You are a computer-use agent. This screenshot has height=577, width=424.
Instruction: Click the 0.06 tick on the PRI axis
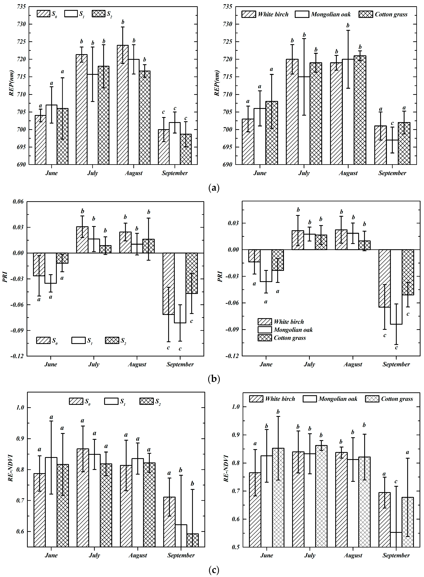(x=18, y=202)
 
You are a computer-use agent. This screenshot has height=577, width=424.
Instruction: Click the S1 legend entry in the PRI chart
(x=82, y=340)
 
